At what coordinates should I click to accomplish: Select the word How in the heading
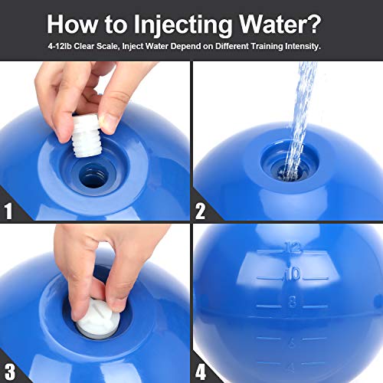[x=73, y=24]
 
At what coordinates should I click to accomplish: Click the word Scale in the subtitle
[x=108, y=46]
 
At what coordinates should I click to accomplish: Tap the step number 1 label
[x=8, y=211]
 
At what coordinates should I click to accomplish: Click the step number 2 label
[x=200, y=211]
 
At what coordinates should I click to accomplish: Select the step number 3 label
[x=10, y=372]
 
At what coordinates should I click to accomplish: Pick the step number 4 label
[x=201, y=372]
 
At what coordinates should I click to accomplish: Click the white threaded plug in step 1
[x=86, y=136]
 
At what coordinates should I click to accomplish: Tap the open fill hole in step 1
[x=93, y=176]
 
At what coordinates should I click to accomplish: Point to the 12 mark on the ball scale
[x=293, y=247]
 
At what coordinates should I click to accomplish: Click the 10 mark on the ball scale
[x=293, y=274]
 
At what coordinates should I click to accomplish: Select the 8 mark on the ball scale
[x=292, y=302]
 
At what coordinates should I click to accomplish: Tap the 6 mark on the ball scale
[x=292, y=342]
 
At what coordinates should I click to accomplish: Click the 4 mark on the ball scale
[x=291, y=367]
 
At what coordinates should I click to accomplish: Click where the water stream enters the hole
[x=290, y=174]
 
